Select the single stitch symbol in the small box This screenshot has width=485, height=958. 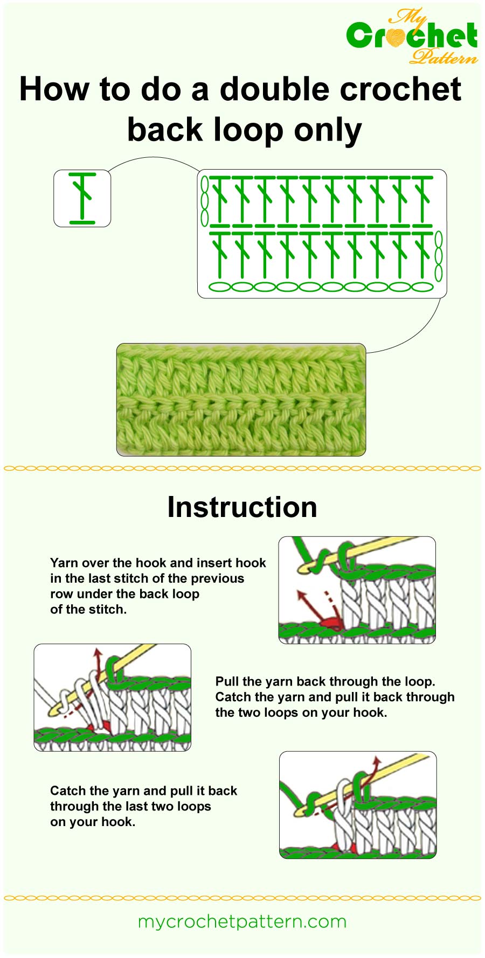82,198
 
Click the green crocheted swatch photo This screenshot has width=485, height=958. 241,400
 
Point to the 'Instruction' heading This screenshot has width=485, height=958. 242,507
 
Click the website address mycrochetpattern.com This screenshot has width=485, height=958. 242,921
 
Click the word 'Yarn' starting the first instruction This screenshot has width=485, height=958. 64,563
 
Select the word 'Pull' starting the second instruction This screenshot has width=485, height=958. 227,682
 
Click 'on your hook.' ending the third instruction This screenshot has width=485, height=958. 92,822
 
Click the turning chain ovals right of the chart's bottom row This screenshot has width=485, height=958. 439,256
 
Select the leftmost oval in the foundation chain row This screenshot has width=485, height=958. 219,287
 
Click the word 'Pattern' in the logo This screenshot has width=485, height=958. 443,56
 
